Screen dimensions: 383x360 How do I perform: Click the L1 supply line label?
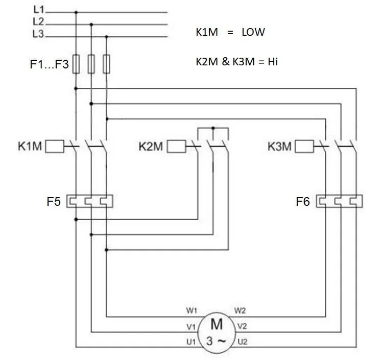pos(38,10)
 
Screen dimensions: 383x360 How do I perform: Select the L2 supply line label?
pos(38,21)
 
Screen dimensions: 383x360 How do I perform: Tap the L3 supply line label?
pos(38,34)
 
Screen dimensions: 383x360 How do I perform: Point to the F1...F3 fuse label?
pos(49,64)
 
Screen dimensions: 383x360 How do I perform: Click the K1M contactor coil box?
pos(55,146)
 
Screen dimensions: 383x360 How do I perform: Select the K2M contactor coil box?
pos(176,146)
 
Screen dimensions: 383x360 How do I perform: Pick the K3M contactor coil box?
pos(304,146)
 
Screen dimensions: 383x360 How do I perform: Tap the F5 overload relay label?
pos(54,202)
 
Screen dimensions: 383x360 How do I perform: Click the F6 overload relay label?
pos(303,202)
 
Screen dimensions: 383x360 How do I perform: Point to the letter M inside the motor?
pos(217,324)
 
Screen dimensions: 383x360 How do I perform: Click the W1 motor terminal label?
pos(192,310)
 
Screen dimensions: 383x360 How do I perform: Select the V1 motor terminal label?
pos(191,327)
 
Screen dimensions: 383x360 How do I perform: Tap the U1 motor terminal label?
pos(191,342)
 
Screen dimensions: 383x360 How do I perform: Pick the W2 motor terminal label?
pos(240,310)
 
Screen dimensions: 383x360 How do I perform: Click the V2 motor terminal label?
pos(242,326)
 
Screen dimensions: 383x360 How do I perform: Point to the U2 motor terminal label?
pos(242,342)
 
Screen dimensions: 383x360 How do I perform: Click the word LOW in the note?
pos(253,32)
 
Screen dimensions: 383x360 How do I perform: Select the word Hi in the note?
pos(273,62)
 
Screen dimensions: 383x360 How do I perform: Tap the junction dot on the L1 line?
pos(76,12)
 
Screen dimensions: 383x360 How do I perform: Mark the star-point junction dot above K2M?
pos(213,128)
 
